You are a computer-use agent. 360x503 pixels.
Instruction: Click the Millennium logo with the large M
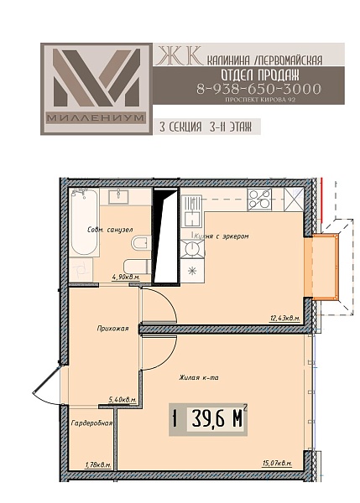click(x=96, y=89)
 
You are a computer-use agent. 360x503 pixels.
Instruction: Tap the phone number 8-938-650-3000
click(x=258, y=89)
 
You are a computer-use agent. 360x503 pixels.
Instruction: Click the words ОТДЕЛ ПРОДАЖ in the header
click(x=260, y=75)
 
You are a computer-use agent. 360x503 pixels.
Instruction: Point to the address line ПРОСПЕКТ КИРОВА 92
click(x=260, y=100)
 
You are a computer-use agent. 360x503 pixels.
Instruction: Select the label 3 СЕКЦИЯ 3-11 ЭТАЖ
click(x=206, y=127)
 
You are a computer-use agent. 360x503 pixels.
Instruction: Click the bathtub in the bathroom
click(x=84, y=222)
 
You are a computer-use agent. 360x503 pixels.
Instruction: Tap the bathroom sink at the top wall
click(x=118, y=197)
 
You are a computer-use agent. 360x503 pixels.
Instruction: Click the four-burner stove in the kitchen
click(x=259, y=200)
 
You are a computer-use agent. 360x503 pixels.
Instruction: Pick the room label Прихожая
click(x=112, y=329)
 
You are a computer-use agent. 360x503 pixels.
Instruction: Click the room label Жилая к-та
click(x=199, y=378)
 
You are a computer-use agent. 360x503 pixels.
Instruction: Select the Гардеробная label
click(x=91, y=423)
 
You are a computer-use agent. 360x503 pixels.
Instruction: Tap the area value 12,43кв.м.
click(x=284, y=319)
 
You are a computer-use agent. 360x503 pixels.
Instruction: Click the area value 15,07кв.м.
click(x=277, y=464)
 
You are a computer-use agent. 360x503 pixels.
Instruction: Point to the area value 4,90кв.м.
click(x=126, y=277)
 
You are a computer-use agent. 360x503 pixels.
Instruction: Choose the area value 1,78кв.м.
click(x=98, y=464)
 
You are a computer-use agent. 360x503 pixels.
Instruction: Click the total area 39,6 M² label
click(x=208, y=418)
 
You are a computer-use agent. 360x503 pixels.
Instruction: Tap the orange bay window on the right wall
click(x=321, y=267)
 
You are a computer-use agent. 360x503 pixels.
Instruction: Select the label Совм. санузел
click(x=110, y=230)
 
